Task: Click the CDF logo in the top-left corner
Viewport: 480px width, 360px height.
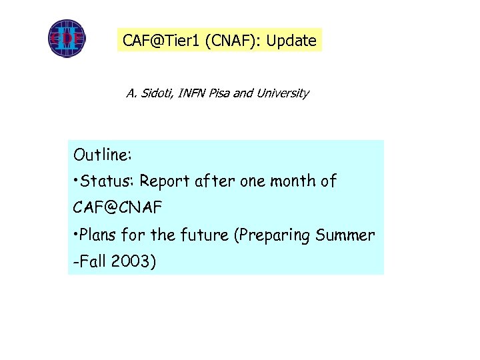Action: [67, 38]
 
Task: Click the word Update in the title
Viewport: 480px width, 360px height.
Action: [291, 41]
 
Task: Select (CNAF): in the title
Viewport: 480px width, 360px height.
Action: [233, 41]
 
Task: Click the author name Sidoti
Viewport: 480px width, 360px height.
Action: [155, 93]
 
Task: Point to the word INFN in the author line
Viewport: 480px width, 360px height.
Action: [192, 93]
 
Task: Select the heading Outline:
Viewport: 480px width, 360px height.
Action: [103, 155]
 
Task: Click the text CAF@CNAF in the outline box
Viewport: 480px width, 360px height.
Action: [117, 208]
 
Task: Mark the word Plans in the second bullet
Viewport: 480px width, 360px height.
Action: [99, 235]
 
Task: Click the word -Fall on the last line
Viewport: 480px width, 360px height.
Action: [89, 262]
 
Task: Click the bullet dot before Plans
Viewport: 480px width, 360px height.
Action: [77, 234]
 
